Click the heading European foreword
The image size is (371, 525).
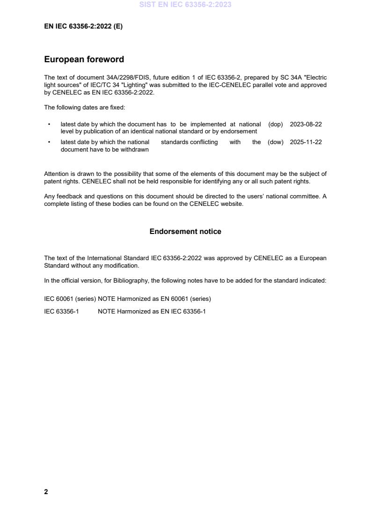tap(84, 59)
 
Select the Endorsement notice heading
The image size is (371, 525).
tap(185, 232)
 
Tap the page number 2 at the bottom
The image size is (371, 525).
tap(46, 492)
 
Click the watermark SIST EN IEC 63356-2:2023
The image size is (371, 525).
tap(185, 5)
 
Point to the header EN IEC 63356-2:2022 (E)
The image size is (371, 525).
tap(83, 27)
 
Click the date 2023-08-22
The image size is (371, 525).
tap(306, 124)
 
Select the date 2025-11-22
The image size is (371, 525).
tap(306, 142)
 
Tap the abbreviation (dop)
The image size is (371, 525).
tap(276, 124)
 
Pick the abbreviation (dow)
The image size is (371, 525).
tap(276, 142)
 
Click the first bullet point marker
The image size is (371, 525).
tap(49, 124)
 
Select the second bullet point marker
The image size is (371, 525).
tap(49, 142)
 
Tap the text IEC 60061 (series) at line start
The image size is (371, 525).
tap(70, 299)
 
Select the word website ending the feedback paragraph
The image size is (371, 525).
tap(232, 204)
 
